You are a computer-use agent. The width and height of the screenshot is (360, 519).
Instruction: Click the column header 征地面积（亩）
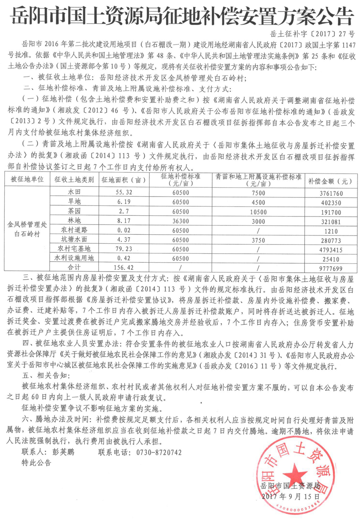pos(123,179)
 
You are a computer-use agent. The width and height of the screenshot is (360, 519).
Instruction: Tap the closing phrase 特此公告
pos(36,463)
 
